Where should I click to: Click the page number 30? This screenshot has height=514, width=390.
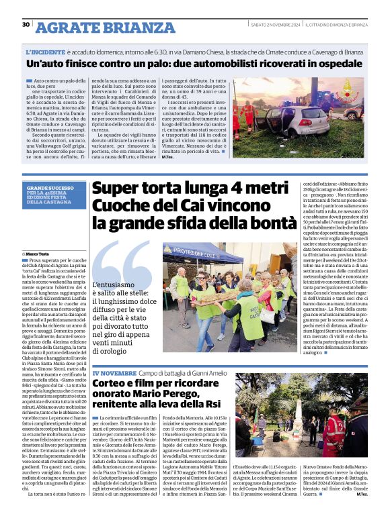point(26,25)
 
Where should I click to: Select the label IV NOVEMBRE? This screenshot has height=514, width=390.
point(115,372)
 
